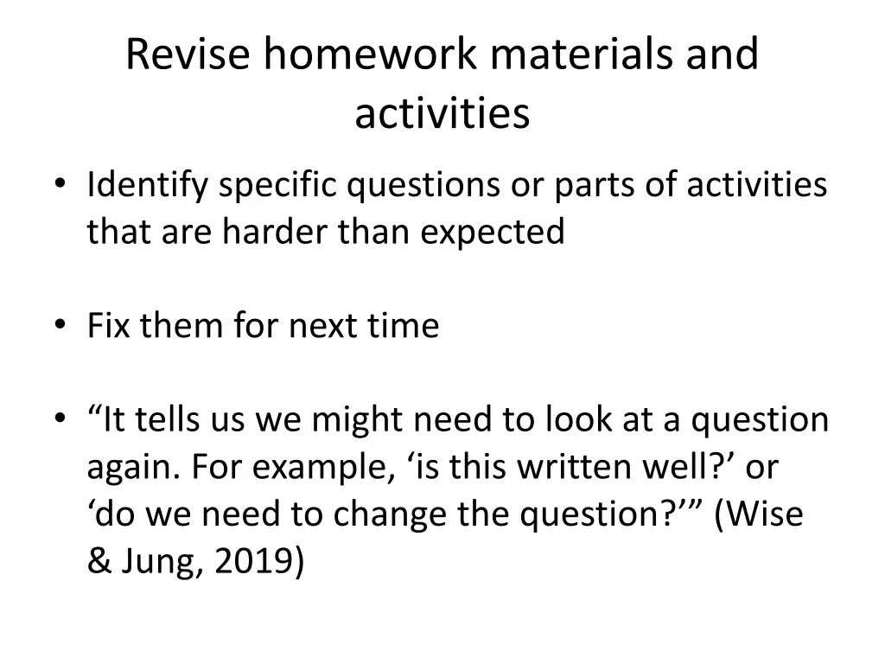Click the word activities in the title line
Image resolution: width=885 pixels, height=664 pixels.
[442, 113]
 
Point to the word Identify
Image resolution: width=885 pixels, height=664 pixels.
[148, 186]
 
